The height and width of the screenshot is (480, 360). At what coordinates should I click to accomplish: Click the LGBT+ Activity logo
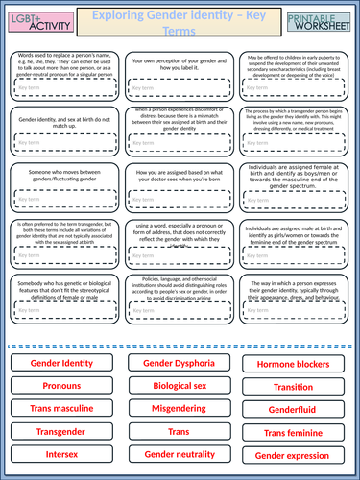(x=36, y=18)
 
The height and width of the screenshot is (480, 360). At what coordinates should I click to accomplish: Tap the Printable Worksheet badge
(x=324, y=18)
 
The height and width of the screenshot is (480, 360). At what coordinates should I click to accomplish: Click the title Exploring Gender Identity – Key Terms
(x=180, y=18)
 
